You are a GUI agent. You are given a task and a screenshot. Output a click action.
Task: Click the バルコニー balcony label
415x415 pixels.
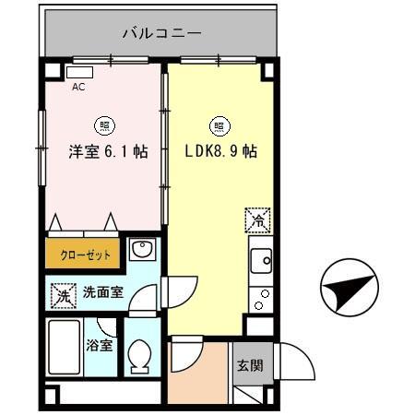(161, 35)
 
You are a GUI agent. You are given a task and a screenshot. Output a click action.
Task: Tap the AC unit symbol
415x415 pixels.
(80, 72)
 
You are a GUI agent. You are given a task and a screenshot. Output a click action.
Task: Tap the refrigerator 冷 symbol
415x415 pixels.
(258, 219)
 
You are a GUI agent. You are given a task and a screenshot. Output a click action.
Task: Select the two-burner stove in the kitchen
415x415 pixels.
(261, 298)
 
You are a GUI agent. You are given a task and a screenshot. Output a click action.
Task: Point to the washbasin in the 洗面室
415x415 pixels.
(140, 249)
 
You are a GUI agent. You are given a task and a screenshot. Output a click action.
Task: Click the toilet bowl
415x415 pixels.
(140, 355)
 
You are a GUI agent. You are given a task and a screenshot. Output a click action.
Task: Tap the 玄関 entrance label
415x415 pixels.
(249, 364)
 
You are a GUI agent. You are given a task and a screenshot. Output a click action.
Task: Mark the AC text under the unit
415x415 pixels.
(79, 89)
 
